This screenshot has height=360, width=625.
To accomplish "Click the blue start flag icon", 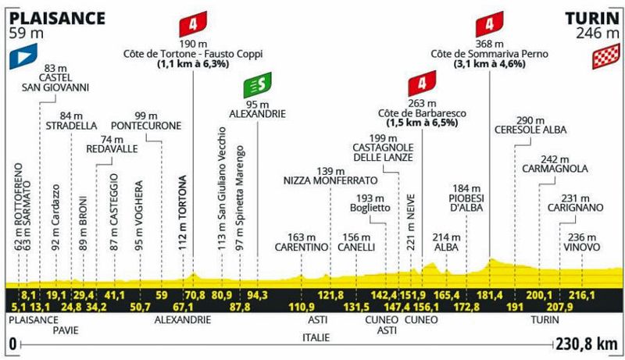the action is tap(23, 55).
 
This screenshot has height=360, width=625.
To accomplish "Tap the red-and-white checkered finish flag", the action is tap(606, 55).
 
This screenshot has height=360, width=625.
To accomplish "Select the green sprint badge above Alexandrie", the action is tap(258, 85).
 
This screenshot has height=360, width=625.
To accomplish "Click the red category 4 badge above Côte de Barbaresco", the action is tap(422, 84).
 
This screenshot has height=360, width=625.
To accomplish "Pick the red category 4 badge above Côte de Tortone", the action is tap(193, 24).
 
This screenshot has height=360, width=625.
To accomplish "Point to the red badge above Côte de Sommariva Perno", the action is tap(490, 24).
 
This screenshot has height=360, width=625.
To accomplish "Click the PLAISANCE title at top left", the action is tap(57, 18).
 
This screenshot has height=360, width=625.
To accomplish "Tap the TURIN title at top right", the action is tap(593, 18).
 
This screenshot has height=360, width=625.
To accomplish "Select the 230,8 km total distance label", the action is tap(587, 344).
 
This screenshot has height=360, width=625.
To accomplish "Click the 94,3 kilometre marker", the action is tap(257, 295).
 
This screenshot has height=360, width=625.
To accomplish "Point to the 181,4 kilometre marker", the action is tap(490, 295).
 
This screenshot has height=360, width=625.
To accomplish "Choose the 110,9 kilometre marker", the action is tap(302, 307).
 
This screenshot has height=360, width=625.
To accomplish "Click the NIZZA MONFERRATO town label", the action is tap(330, 180).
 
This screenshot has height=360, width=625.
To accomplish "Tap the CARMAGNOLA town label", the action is tap(555, 169).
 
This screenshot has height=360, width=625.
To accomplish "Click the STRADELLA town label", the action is tap(71, 126).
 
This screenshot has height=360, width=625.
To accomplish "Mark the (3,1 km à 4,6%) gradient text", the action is tap(490, 64).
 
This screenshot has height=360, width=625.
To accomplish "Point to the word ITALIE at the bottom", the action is tap(316, 337).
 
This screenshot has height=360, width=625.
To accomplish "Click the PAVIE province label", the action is tap(66, 330).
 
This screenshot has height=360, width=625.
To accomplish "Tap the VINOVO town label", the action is tap(581, 248).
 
